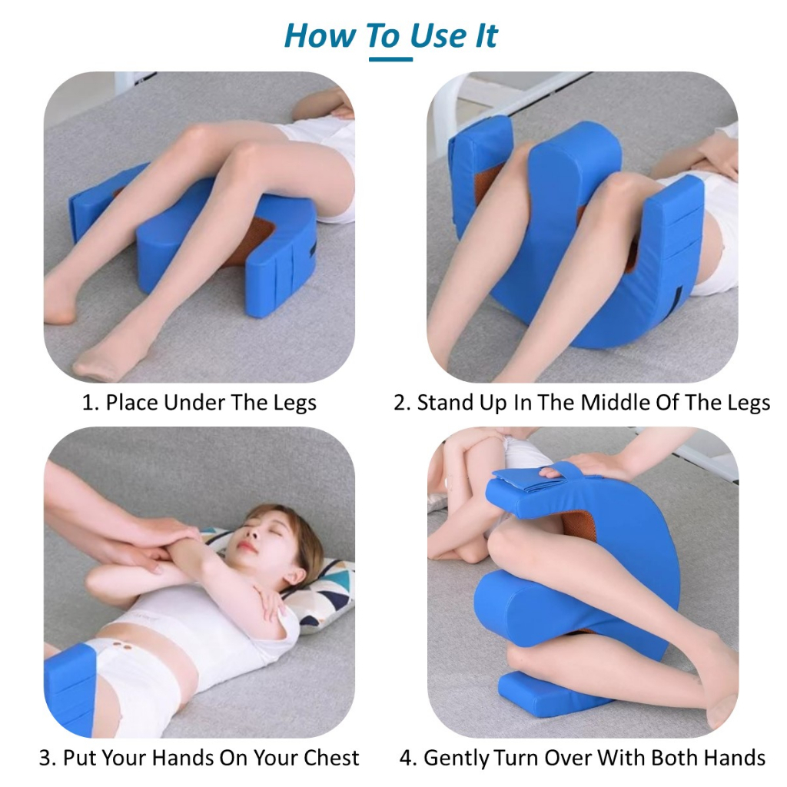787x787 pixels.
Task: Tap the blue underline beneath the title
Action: pos(390,59)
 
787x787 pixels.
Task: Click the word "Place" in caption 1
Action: pos(132,403)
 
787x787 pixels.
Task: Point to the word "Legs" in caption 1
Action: pos(294,403)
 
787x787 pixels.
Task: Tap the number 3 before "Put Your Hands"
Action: pos(47,757)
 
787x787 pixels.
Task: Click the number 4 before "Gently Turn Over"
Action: pos(408,757)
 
